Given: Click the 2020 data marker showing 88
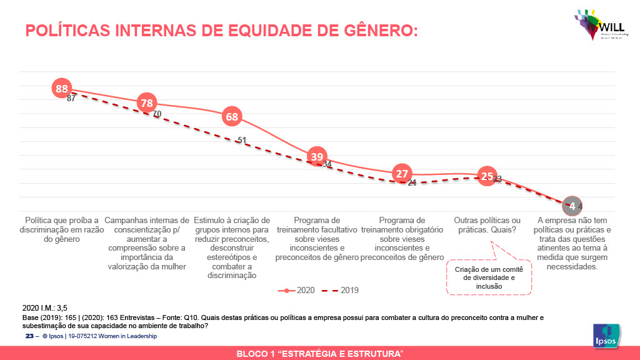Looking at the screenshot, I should point(61,89).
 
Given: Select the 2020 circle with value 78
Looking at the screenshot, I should point(147,103).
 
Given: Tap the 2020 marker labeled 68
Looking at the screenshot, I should point(232,117).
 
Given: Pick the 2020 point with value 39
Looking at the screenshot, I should point(317,157).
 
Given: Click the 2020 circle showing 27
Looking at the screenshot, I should point(402,174).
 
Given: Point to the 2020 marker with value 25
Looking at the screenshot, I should point(487,176).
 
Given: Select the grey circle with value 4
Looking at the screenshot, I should point(572,206).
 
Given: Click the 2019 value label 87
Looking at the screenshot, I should point(71,98).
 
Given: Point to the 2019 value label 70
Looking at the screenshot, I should point(157,114).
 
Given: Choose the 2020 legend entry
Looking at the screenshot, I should point(297,290).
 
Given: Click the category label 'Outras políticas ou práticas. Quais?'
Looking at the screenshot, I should point(487,225).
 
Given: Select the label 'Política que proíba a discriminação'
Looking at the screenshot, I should point(61,229).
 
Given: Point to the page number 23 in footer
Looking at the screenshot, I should point(29,336).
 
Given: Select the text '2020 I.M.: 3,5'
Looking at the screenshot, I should point(45,307).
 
